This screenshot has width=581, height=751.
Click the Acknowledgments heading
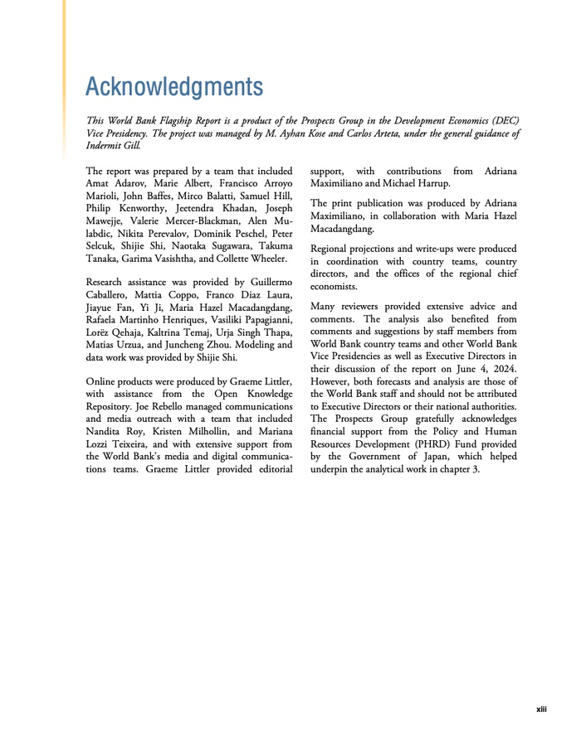pyautogui.click(x=174, y=85)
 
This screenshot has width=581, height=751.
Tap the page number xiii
pyautogui.click(x=541, y=710)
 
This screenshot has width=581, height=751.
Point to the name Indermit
pyautogui.click(x=105, y=145)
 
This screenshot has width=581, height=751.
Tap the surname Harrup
pyautogui.click(x=431, y=183)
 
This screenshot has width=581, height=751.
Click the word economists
pyautogui.click(x=335, y=286)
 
